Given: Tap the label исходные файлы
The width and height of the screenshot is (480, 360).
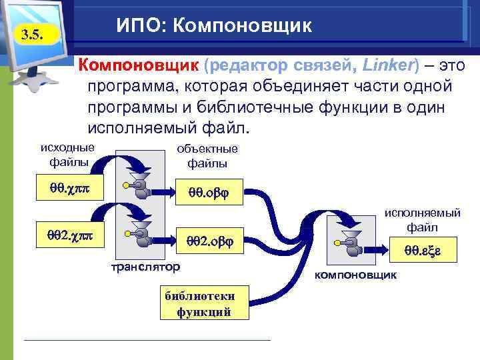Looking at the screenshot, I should pos(67,154).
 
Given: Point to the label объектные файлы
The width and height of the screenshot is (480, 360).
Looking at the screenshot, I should pos(207,156).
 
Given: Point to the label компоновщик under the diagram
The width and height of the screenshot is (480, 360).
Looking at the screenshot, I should pos(356,274).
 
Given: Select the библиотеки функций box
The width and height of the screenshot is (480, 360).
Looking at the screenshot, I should pos(203,304).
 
